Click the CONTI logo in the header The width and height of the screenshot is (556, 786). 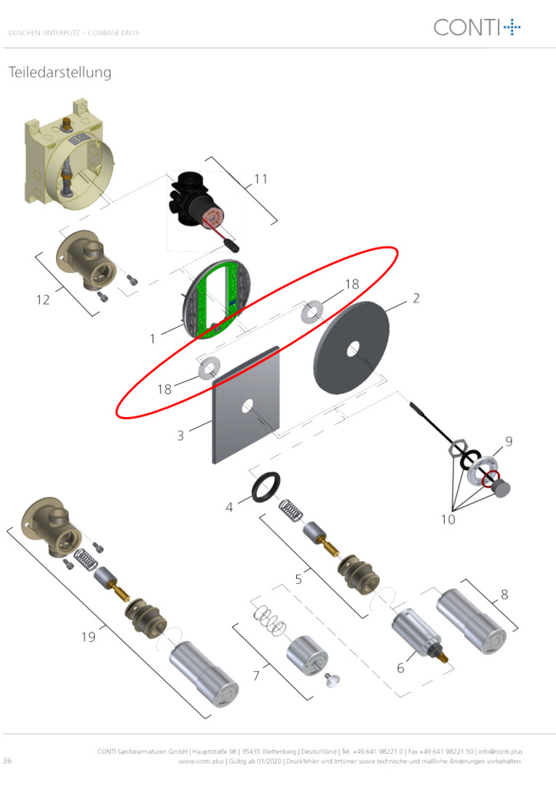pyautogui.click(x=477, y=27)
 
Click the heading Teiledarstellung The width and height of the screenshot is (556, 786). pyautogui.click(x=60, y=72)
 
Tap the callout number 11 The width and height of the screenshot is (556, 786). pyautogui.click(x=261, y=179)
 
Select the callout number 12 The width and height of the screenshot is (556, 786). pyautogui.click(x=43, y=300)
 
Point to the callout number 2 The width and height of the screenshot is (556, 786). pyautogui.click(x=416, y=298)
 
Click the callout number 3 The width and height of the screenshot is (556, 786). pyautogui.click(x=180, y=435)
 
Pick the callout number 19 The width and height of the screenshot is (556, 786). pyautogui.click(x=88, y=637)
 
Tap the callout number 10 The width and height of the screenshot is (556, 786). pyautogui.click(x=448, y=520)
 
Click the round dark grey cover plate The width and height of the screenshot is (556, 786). pyautogui.click(x=351, y=347)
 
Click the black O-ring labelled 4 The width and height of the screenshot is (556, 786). pyautogui.click(x=266, y=487)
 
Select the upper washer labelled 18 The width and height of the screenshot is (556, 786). pyautogui.click(x=312, y=311)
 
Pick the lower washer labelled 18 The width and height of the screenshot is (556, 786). pyautogui.click(x=209, y=370)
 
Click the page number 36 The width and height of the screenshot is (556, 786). pyautogui.click(x=7, y=761)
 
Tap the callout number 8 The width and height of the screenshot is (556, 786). pyautogui.click(x=504, y=595)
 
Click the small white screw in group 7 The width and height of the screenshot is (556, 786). pyautogui.click(x=332, y=680)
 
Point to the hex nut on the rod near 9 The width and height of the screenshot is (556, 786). pyautogui.click(x=458, y=448)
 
